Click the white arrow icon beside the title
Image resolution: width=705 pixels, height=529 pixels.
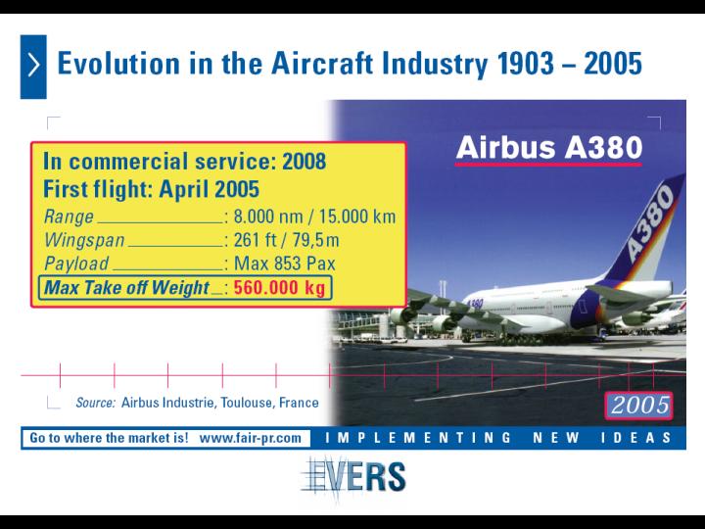click(33, 66)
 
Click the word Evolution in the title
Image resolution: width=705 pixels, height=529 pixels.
click(118, 63)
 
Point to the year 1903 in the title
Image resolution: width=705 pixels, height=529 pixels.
click(526, 63)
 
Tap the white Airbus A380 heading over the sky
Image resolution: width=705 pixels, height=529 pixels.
click(549, 148)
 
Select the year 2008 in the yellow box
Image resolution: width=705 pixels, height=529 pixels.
click(304, 161)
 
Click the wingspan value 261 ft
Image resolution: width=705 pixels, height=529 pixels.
click(255, 240)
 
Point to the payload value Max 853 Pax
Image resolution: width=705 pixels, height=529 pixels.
click(285, 264)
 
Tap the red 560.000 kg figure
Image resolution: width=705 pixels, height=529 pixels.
click(279, 287)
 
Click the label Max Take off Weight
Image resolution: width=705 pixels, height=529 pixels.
click(126, 287)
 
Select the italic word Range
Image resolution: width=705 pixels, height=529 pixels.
click(69, 216)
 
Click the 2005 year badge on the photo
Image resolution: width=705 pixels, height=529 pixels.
click(638, 406)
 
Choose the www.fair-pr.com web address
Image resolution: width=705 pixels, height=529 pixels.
click(250, 438)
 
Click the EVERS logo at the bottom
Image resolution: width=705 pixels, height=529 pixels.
click(353, 477)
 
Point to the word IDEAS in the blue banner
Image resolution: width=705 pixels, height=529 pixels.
click(636, 438)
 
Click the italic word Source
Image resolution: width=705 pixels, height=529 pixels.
click(96, 403)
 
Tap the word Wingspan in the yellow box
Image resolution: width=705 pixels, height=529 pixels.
click(84, 241)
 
